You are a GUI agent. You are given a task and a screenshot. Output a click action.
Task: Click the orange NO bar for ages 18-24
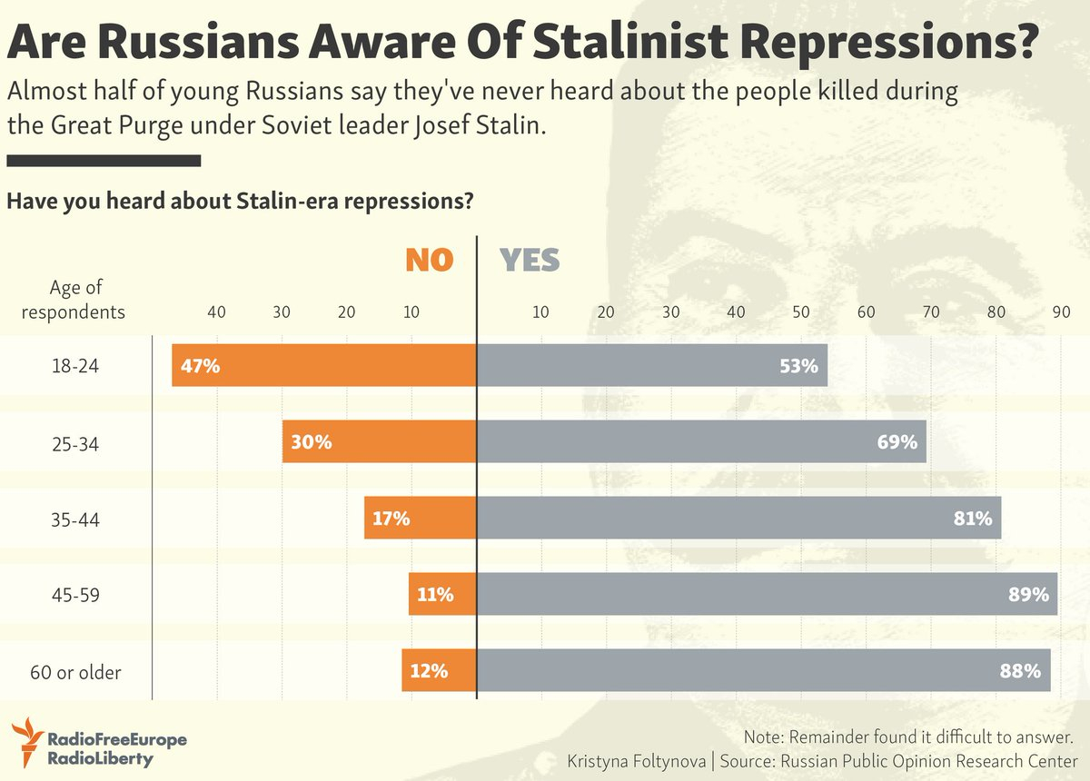[x=324, y=366]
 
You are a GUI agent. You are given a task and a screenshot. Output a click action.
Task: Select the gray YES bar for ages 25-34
[x=701, y=442]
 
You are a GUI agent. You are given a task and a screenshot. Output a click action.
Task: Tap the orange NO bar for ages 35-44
[x=420, y=519]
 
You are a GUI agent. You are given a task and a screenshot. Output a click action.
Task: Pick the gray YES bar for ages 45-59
[x=767, y=595]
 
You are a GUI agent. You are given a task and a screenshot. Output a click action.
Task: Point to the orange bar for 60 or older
[x=439, y=671]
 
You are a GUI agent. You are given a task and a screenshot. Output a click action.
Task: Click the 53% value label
[x=799, y=367]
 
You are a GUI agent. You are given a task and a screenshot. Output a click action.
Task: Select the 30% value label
[x=312, y=443]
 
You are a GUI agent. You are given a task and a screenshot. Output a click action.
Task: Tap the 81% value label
[x=973, y=519]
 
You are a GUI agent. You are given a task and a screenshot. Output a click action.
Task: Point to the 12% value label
[x=429, y=672]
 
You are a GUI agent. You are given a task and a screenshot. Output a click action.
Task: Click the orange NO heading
[x=429, y=261]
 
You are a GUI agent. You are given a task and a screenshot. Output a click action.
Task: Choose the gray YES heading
[x=530, y=261]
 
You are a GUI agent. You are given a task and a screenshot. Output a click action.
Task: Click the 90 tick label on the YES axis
[x=1060, y=311]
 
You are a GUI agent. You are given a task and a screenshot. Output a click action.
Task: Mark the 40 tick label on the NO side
[x=216, y=311]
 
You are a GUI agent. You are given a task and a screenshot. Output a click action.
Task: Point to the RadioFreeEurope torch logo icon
[x=26, y=740]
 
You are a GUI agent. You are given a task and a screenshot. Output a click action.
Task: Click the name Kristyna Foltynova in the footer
[x=639, y=760]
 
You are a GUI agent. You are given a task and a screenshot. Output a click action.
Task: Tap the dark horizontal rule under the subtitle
[x=103, y=161]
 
